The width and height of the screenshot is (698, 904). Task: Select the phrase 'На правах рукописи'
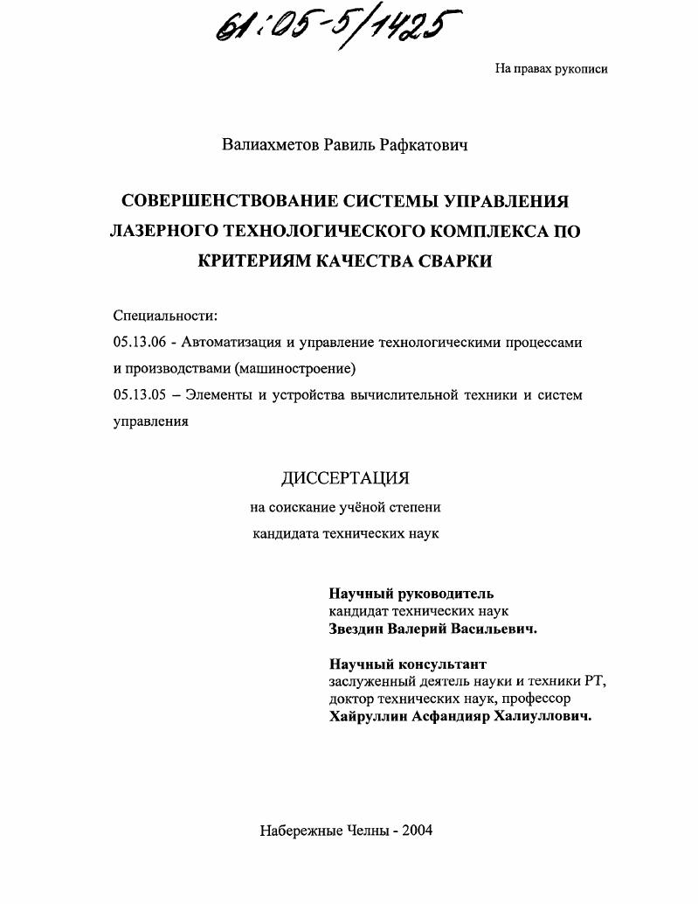coord(550,69)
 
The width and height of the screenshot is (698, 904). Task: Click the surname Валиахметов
coord(270,144)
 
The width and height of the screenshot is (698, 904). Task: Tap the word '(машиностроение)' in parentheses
coord(295,368)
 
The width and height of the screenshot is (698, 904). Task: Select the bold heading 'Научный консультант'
coord(407,664)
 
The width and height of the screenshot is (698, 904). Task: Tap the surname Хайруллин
coord(370,716)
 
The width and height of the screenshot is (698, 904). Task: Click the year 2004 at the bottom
coord(417,831)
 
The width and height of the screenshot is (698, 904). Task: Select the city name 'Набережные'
coord(299,831)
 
